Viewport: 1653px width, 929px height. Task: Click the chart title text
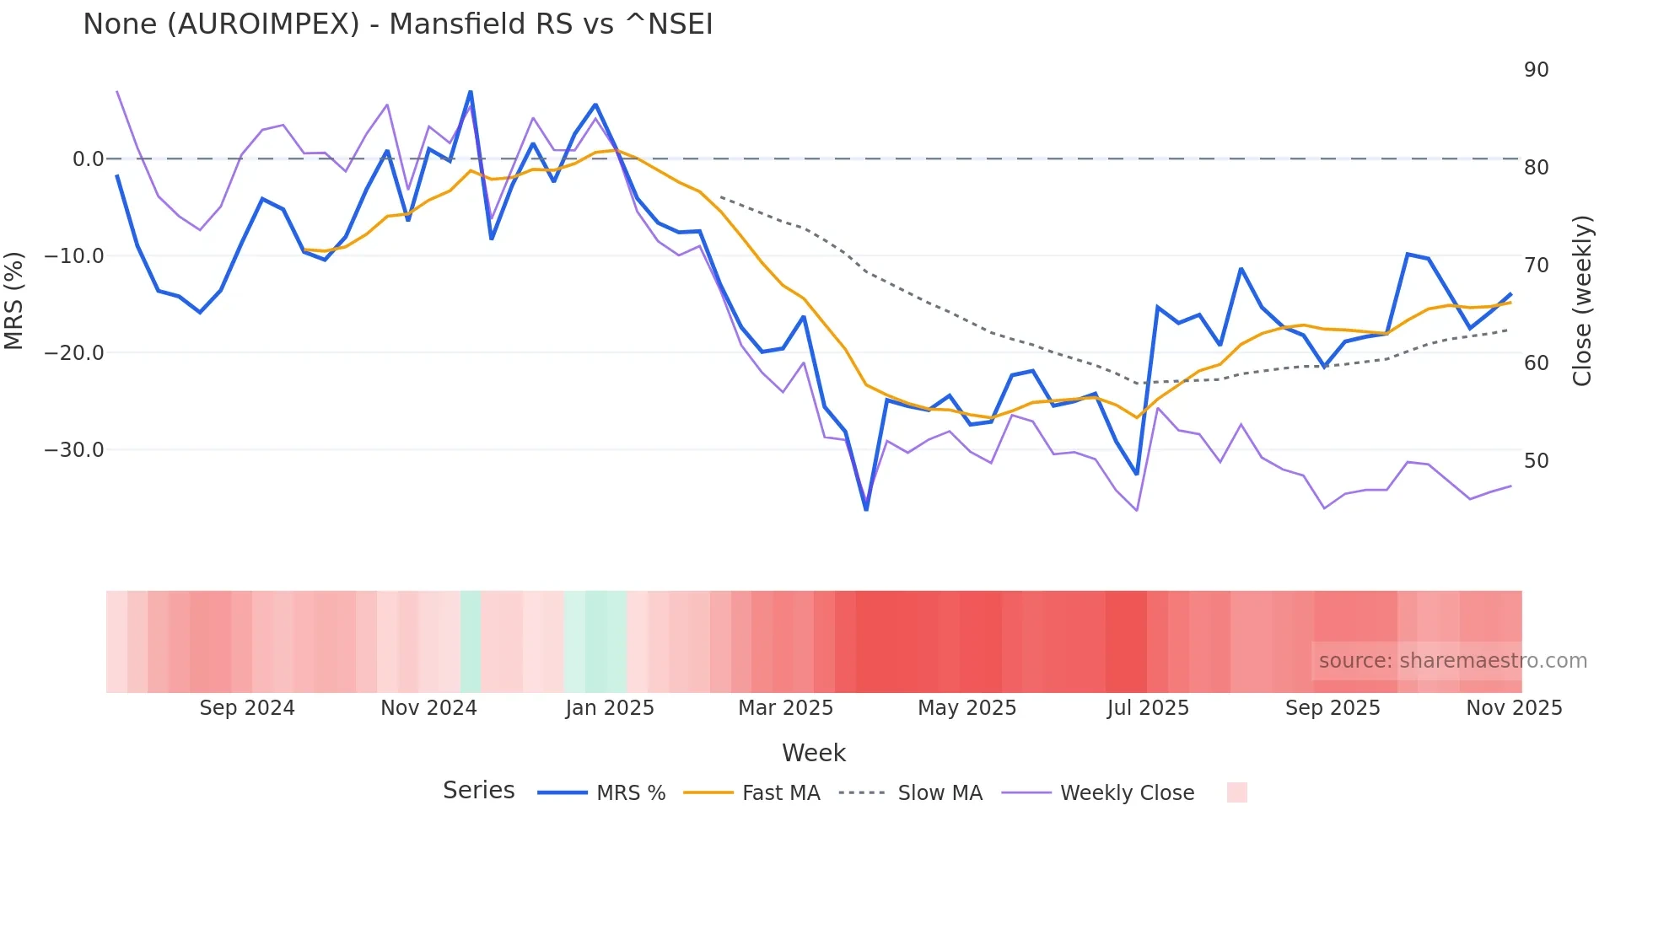(397, 24)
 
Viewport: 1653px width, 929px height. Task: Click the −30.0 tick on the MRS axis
(74, 449)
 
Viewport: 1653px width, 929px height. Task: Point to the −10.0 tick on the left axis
(74, 255)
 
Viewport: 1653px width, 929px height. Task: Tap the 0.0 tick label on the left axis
(88, 158)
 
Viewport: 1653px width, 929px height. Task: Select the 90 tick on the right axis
(1536, 70)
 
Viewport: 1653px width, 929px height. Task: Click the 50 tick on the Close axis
(1536, 461)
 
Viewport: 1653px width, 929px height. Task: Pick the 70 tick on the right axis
(1536, 266)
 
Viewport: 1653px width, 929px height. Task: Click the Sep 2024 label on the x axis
(247, 708)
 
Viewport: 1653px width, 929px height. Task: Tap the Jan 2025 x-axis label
(610, 708)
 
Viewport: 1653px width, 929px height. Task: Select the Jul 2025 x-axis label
(1148, 708)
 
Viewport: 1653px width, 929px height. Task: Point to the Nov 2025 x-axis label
(1514, 708)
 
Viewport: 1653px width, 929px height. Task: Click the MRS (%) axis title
(14, 301)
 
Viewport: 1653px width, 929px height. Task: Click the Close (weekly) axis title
(1582, 301)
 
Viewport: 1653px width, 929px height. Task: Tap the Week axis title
(813, 753)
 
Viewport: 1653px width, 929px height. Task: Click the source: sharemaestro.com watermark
(1452, 661)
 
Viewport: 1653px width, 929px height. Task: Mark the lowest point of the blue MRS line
(866, 509)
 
